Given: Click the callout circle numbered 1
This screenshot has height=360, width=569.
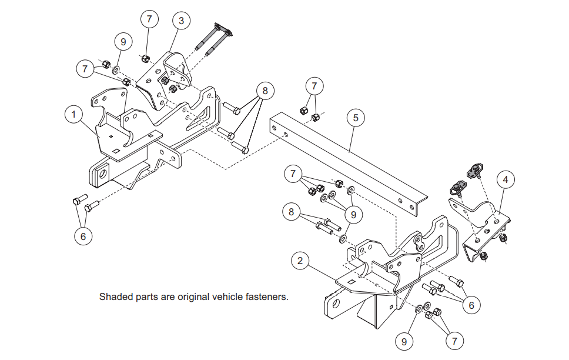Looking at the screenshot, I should [x=73, y=114].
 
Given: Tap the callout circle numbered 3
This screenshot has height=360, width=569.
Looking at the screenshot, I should [x=181, y=21].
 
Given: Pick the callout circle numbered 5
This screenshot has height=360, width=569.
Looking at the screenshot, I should [x=355, y=118].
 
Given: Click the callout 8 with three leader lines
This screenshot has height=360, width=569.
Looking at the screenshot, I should [x=265, y=91].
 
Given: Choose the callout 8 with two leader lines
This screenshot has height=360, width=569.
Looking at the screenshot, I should [x=291, y=211].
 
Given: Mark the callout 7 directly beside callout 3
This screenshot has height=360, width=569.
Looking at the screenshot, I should [x=149, y=19].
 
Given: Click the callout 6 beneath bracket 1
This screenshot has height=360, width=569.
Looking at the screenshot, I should [x=83, y=236].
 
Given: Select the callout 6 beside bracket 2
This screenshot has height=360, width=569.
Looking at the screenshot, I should [x=471, y=305].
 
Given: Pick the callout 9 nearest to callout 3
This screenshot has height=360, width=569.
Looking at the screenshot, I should [x=123, y=42].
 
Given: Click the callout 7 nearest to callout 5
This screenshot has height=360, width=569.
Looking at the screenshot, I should [x=314, y=86].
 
